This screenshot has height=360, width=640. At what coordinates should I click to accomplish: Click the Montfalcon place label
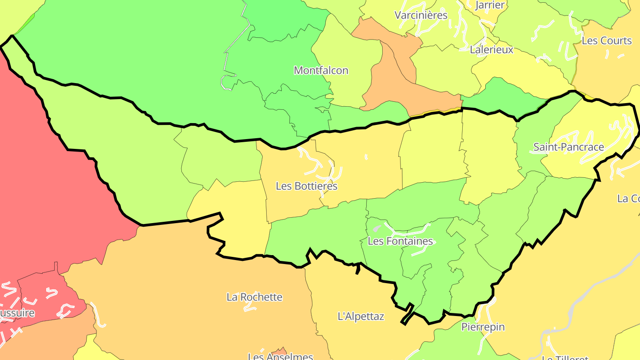pos(321,70)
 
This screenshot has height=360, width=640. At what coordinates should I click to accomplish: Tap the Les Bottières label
pos(307,186)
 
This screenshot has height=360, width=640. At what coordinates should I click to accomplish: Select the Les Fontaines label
pos(400,241)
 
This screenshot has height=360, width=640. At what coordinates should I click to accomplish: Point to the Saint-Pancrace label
pos(568,147)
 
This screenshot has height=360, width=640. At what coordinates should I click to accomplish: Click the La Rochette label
pos(254,296)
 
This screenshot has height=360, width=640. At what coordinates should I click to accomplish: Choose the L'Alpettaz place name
pos(361,316)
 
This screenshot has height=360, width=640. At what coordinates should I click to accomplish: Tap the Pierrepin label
pos(483,327)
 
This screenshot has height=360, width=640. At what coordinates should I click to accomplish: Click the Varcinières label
pos(421,15)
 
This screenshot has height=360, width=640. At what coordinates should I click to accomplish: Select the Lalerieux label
pos(492,49)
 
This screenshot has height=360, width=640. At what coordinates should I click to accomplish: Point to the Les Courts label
pos(606,40)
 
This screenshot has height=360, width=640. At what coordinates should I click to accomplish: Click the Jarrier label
pos(490,5)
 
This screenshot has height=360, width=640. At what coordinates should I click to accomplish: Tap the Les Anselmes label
pos(280,356)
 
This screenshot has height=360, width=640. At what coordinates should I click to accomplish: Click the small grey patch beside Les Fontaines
pos(377,228)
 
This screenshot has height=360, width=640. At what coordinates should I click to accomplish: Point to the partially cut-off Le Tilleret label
pos(565,357)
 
